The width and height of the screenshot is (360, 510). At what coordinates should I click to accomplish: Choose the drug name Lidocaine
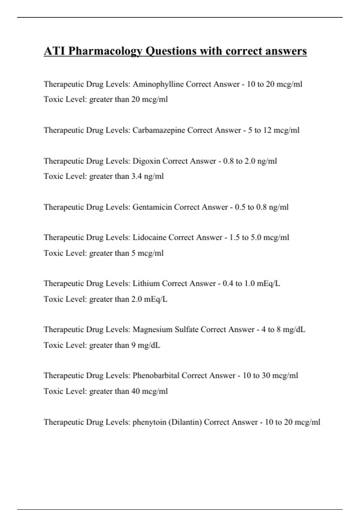pyautogui.click(x=149, y=238)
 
